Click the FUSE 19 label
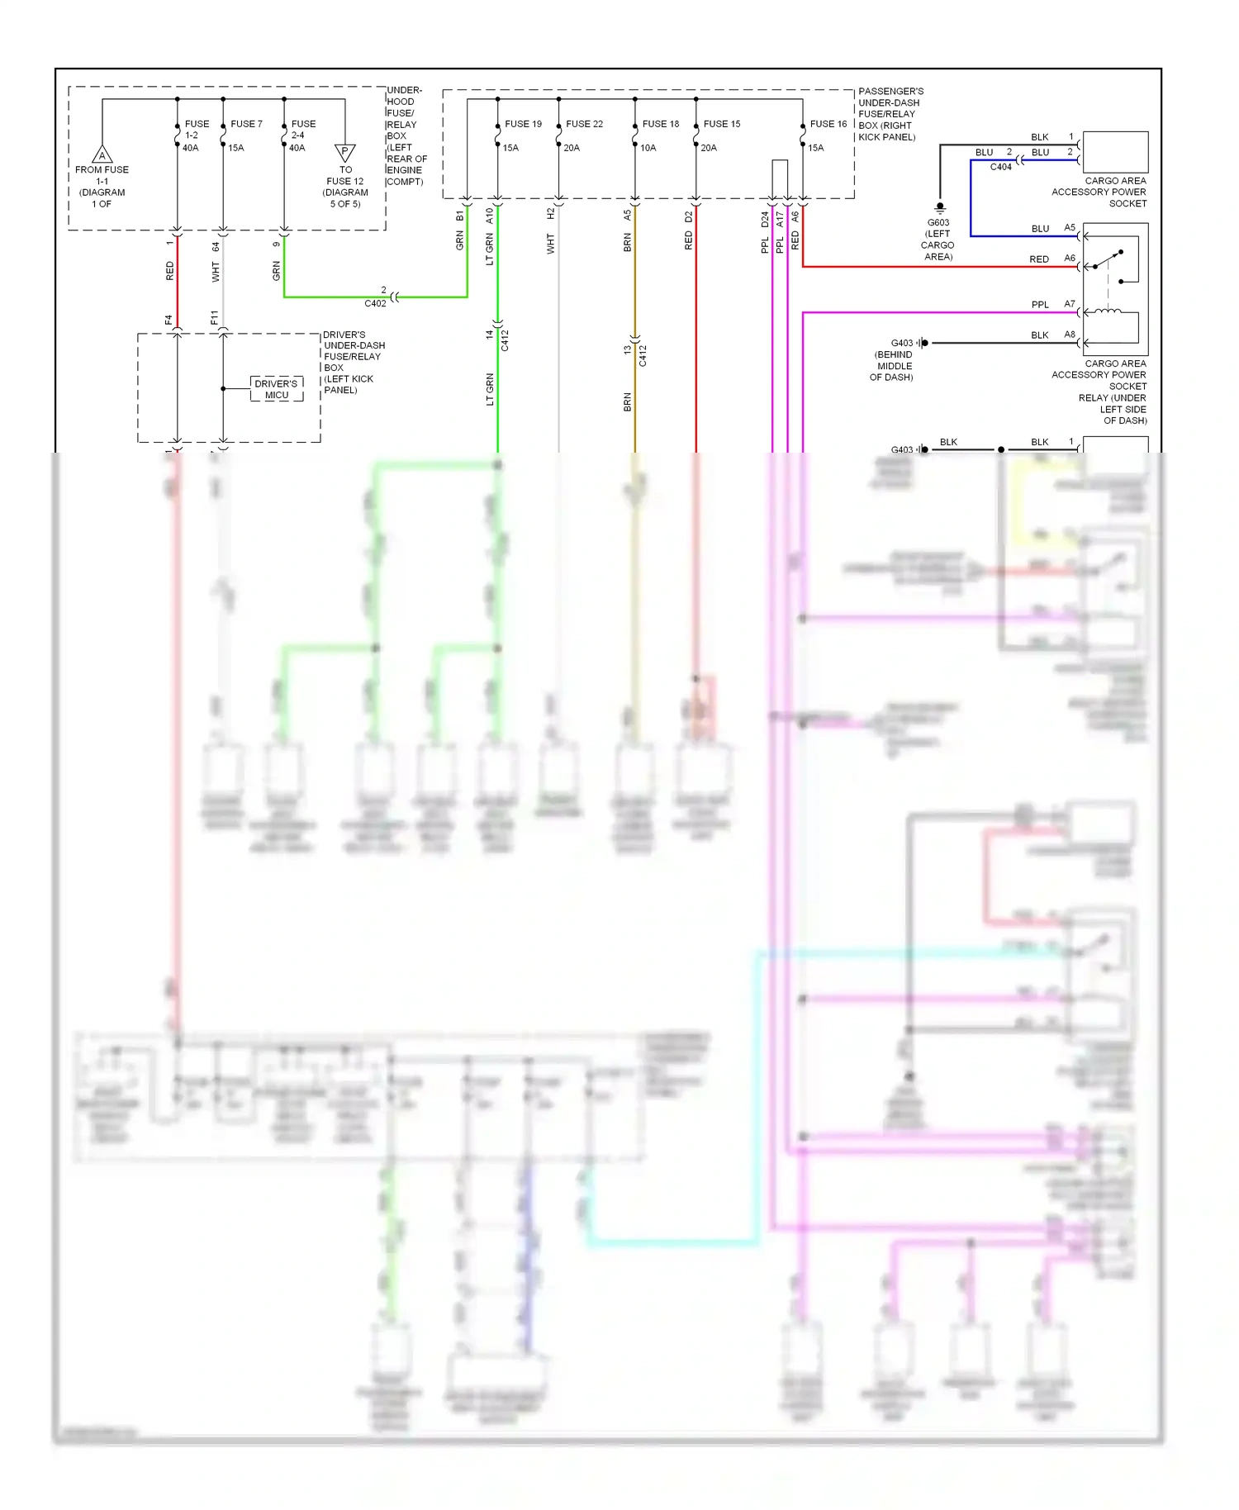(x=523, y=124)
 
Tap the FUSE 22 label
(x=584, y=124)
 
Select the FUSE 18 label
(x=661, y=124)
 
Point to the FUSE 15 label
(x=722, y=124)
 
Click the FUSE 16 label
(x=828, y=124)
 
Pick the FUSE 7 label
(x=246, y=124)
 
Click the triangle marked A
(x=102, y=154)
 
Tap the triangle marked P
(x=345, y=152)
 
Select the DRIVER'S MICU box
(x=277, y=389)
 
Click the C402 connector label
(x=375, y=303)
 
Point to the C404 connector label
(x=1001, y=167)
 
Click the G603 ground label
(x=938, y=222)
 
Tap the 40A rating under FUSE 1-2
(x=191, y=148)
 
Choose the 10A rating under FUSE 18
(x=648, y=148)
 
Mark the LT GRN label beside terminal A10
(x=490, y=249)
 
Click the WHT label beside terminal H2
(x=551, y=244)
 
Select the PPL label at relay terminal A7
(x=1040, y=305)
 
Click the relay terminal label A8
(x=1070, y=335)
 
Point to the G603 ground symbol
(x=940, y=207)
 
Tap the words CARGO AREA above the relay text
(x=1115, y=363)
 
